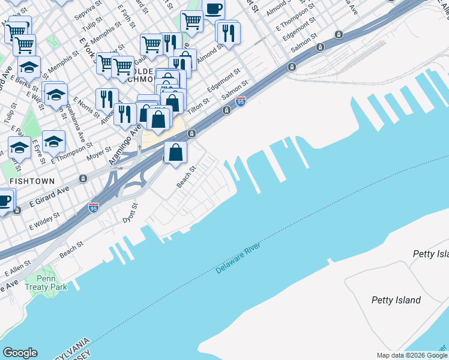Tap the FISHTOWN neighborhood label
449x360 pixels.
32,181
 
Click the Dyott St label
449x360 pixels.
131,212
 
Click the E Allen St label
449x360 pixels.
18,269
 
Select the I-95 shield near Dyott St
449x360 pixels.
93,208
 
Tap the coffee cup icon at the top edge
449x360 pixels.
213,9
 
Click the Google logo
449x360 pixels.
20,353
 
